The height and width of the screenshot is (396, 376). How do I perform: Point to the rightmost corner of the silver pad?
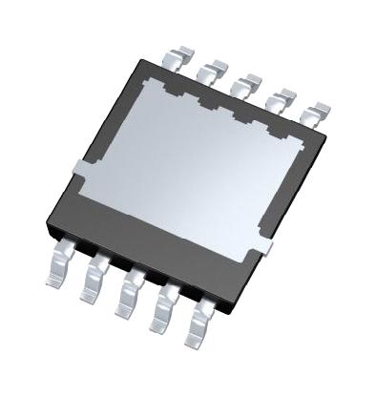click(313, 139)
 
